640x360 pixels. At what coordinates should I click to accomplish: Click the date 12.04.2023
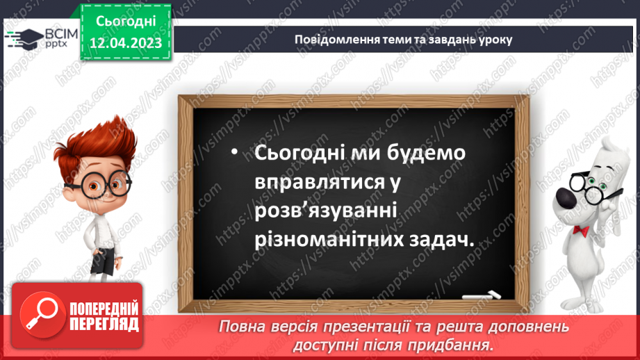click(x=126, y=43)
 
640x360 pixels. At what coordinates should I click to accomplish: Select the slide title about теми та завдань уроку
click(x=403, y=40)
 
